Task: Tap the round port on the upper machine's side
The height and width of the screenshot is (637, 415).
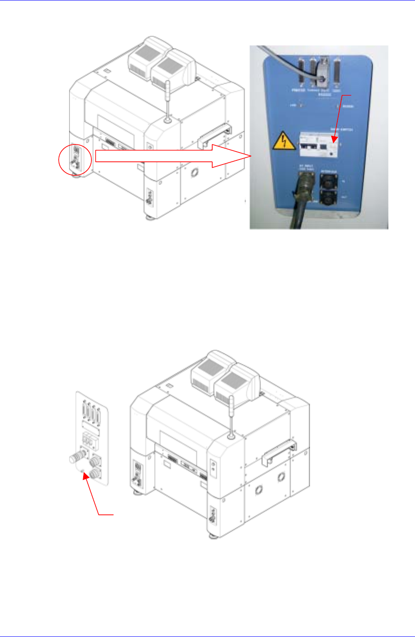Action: click(195, 173)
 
